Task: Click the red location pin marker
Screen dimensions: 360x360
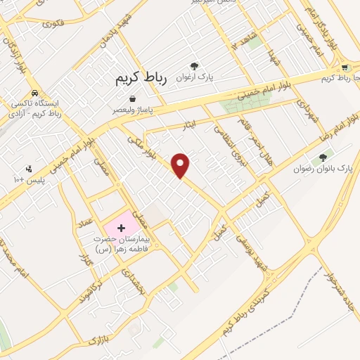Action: (x=181, y=165)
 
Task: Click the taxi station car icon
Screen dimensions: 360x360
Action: (x=34, y=93)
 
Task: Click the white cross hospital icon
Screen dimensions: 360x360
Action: (x=120, y=228)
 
